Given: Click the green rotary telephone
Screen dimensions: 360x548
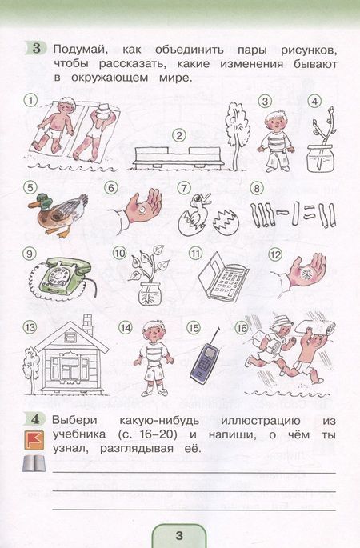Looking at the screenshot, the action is [x=63, y=274].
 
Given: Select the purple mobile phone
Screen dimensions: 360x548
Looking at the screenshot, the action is [x=205, y=362].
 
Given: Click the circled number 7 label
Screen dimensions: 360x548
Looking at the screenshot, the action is [x=184, y=188].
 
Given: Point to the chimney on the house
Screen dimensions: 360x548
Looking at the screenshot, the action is [x=87, y=324].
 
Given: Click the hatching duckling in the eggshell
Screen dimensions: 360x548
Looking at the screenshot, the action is [x=194, y=213].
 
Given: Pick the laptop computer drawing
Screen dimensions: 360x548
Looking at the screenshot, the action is [x=222, y=277].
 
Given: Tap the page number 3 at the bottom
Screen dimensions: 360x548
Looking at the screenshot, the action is [x=179, y=535].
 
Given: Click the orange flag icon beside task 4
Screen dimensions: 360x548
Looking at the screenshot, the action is [x=34, y=440].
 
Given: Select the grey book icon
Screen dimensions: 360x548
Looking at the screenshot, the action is [x=34, y=464].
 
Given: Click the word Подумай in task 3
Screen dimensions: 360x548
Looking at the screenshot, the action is [x=78, y=50].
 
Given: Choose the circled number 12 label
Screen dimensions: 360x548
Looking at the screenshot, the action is [x=275, y=254].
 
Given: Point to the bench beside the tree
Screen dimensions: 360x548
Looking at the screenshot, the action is [x=179, y=158].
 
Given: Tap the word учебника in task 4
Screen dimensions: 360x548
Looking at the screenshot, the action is [x=79, y=435].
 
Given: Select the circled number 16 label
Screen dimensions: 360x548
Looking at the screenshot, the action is [x=242, y=328].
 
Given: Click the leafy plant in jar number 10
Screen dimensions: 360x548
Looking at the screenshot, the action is [x=149, y=275].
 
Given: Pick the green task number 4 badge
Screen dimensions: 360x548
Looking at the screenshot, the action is [x=35, y=418].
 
